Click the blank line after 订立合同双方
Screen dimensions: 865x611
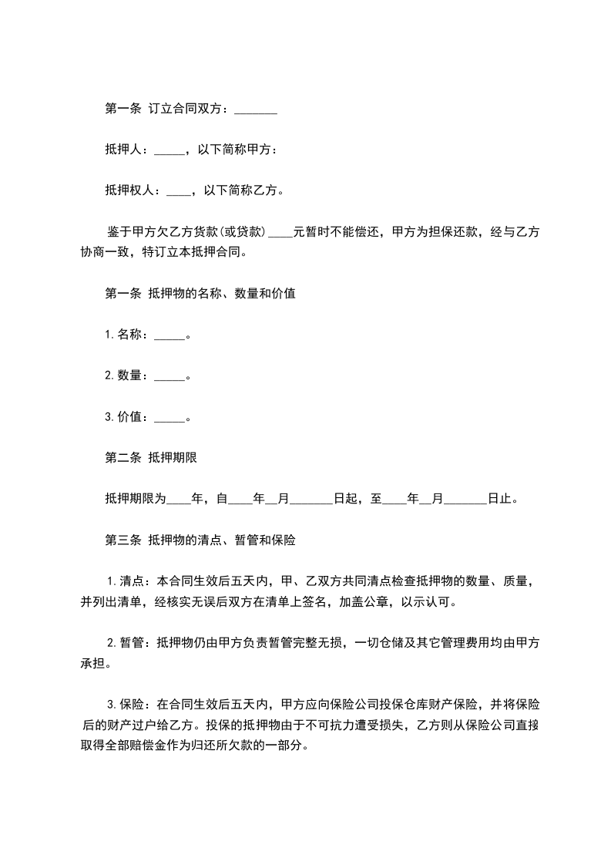pyautogui.click(x=255, y=110)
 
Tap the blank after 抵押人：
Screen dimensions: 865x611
pyautogui.click(x=170, y=150)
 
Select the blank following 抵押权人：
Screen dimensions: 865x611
pyautogui.click(x=181, y=190)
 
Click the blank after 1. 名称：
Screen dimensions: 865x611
pyautogui.click(x=170, y=335)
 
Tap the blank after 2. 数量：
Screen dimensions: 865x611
pyautogui.click(x=170, y=376)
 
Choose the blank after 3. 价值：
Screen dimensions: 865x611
pyautogui.click(x=170, y=418)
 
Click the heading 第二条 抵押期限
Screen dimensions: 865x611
pyautogui.click(x=151, y=458)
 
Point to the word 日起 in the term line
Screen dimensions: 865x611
pyautogui.click(x=345, y=499)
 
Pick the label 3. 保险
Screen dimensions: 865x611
pyautogui.click(x=126, y=705)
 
